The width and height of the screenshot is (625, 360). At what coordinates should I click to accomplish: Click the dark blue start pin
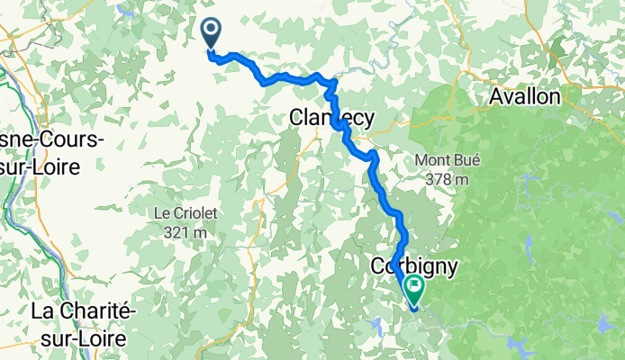tap(211, 34)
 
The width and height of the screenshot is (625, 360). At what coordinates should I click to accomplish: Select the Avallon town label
tap(525, 96)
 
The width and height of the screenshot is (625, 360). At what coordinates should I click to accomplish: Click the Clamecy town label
tap(331, 116)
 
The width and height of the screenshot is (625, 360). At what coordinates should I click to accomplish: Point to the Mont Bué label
tap(445, 161)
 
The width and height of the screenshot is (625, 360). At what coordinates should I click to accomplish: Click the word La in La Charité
tap(42, 310)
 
